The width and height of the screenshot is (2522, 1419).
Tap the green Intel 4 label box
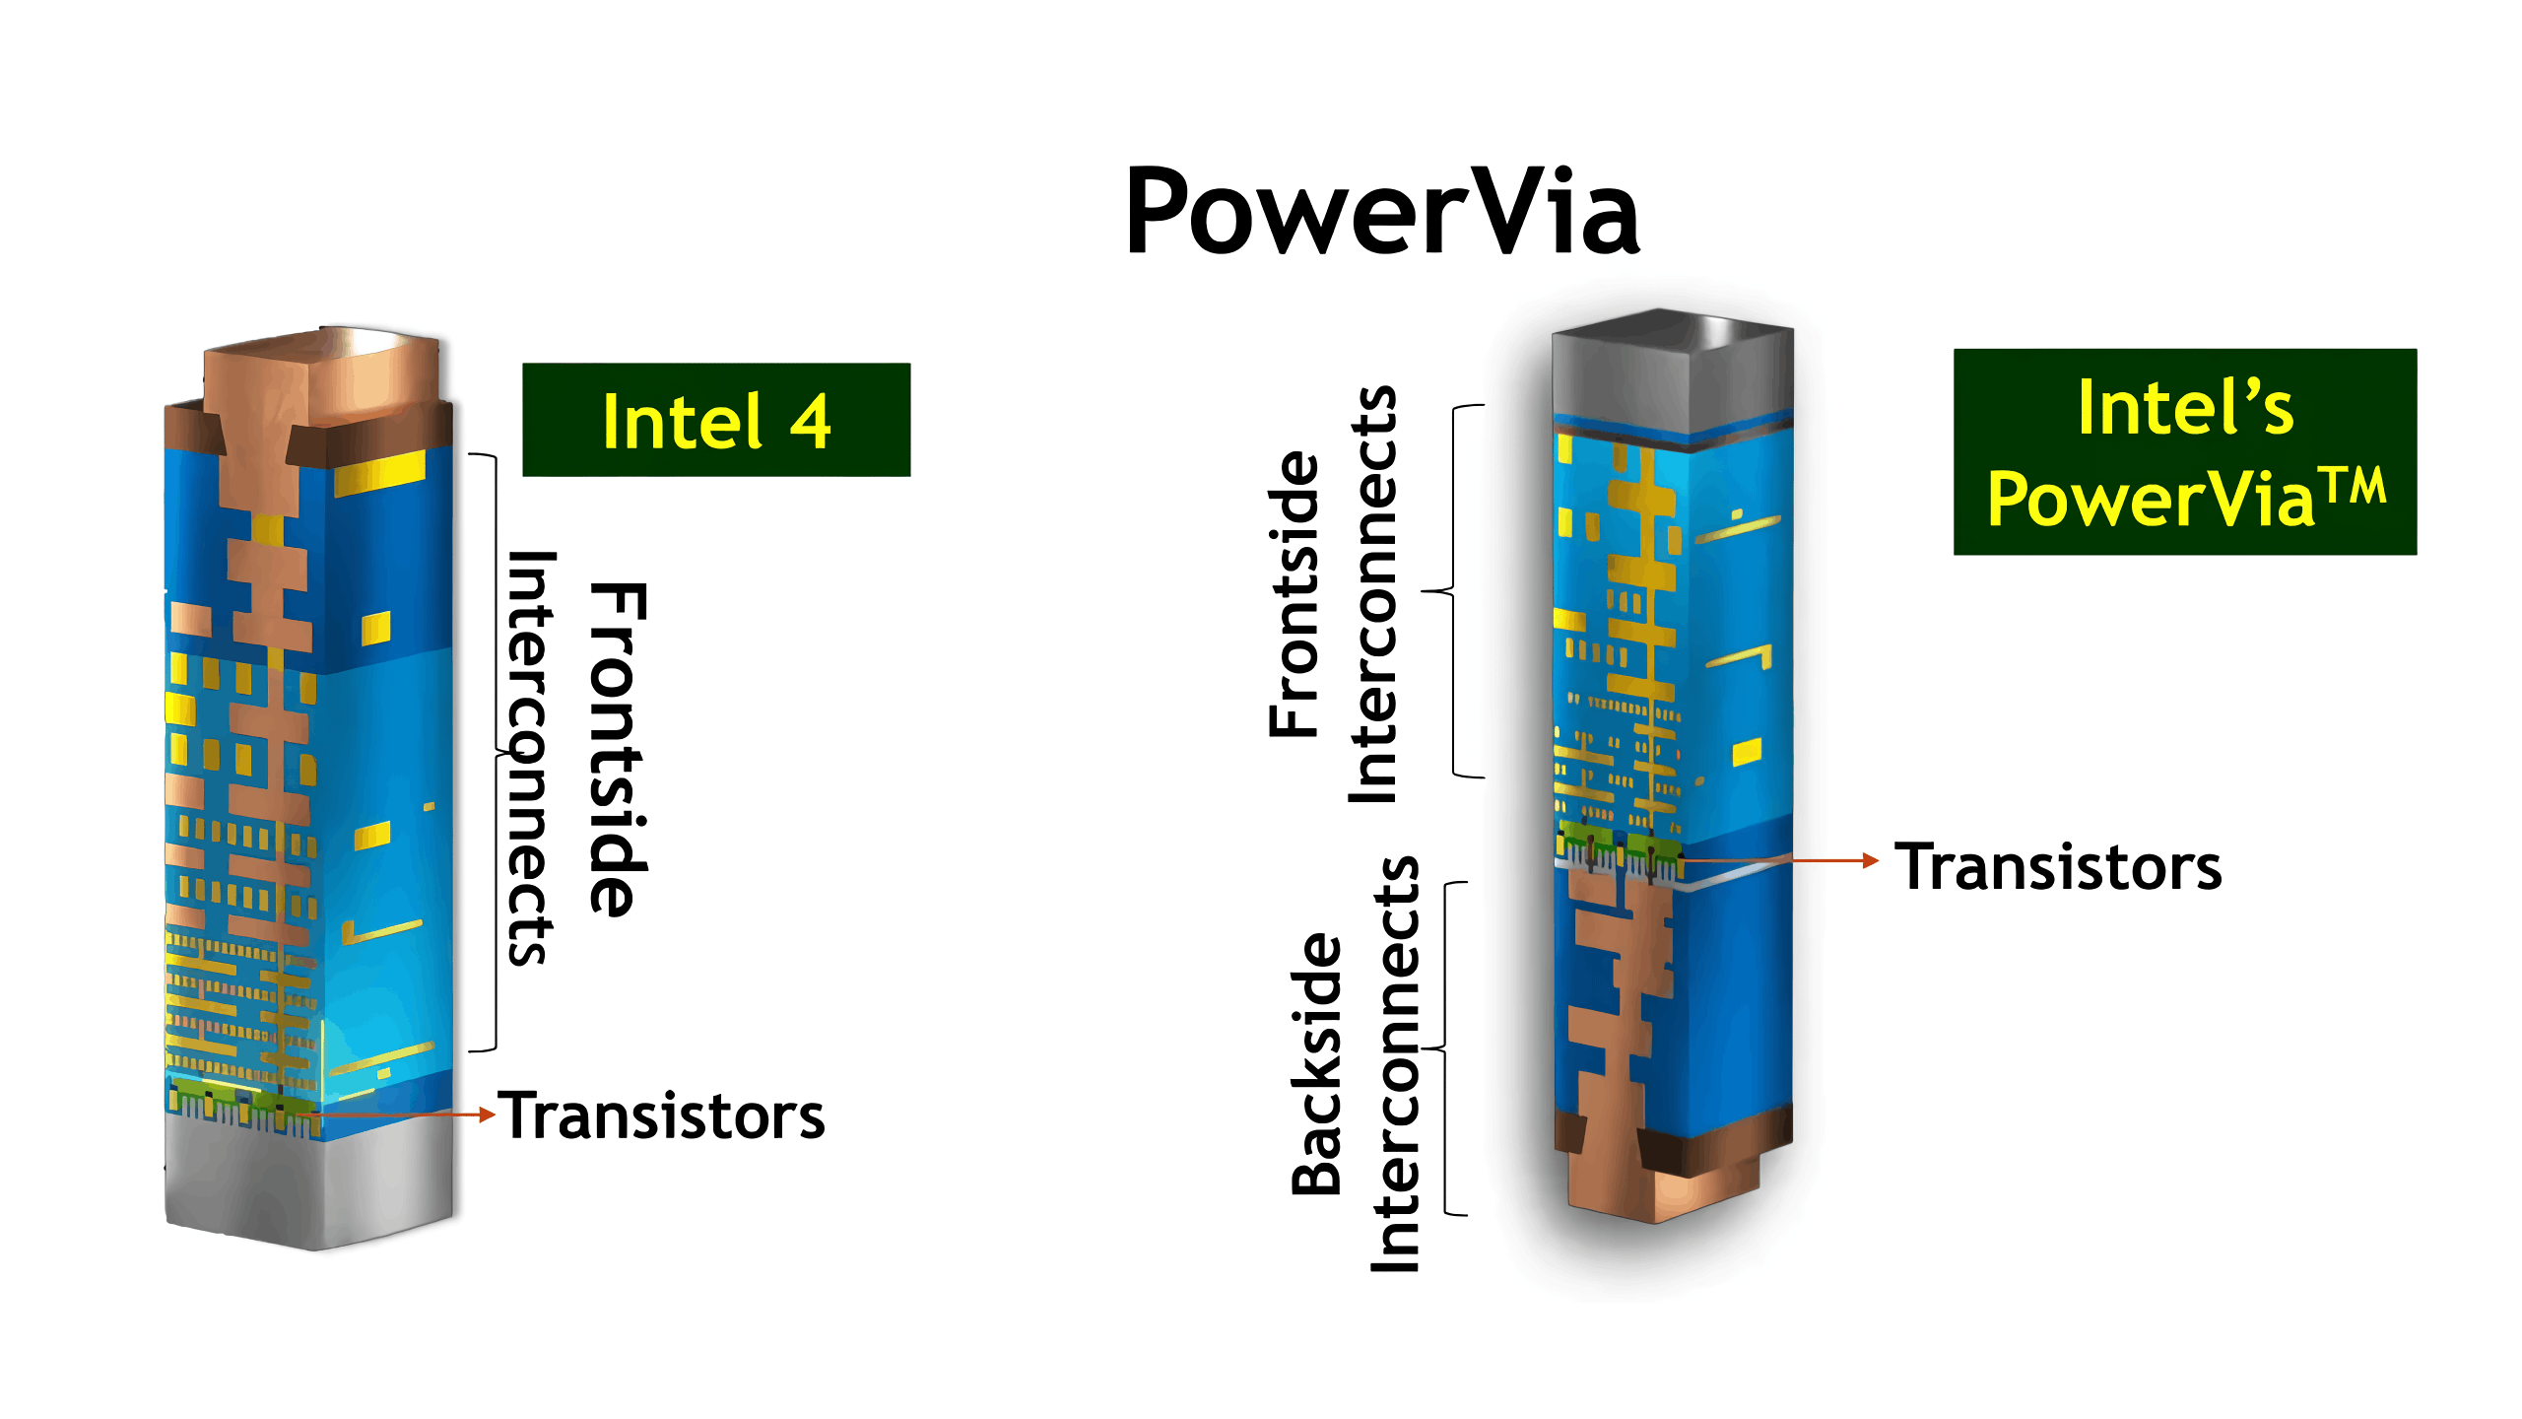[x=716, y=420]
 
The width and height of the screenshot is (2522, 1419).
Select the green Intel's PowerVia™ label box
[x=2184, y=452]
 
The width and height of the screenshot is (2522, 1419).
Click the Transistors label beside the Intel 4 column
[x=661, y=1116]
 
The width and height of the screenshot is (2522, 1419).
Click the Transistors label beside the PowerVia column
[x=2058, y=867]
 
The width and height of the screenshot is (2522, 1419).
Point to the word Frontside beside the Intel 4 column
[x=619, y=749]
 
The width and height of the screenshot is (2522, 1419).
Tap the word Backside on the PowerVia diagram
[x=1317, y=1064]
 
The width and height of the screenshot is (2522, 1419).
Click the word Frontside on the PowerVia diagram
[x=1294, y=594]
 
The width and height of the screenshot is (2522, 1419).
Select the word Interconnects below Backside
[x=1397, y=1064]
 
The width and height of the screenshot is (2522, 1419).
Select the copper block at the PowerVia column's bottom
[x=1665, y=1182]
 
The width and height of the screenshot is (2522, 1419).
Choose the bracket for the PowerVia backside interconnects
[x=1448, y=1048]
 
